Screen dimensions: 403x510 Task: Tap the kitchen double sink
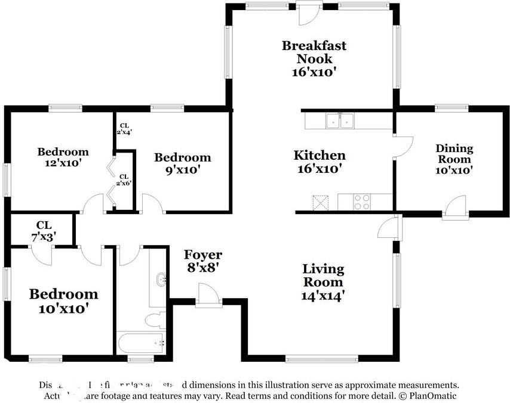(x=340, y=121)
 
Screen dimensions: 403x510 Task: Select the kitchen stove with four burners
(x=362, y=202)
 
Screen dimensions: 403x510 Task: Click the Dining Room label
(x=454, y=154)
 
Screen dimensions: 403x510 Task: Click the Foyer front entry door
(x=209, y=296)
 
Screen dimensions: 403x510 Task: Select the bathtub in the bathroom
(x=142, y=343)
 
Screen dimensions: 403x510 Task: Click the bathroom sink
(x=161, y=280)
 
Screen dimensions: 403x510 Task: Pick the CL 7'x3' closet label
(x=44, y=230)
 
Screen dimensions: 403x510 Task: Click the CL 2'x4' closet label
(x=125, y=129)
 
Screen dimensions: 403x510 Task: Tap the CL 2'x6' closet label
(x=124, y=179)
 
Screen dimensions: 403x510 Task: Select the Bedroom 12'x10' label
(x=63, y=157)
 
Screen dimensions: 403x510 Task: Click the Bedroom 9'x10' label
(x=182, y=163)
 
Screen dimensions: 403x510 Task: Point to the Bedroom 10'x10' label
(x=63, y=301)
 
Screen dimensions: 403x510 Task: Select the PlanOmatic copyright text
(x=428, y=396)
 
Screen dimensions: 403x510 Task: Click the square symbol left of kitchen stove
(x=321, y=203)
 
